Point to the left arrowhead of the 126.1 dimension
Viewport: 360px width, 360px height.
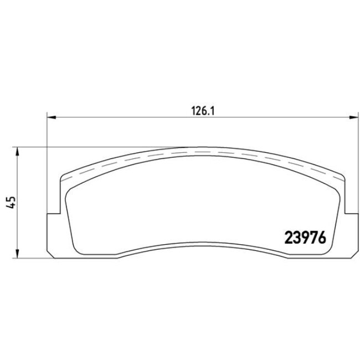click(50, 117)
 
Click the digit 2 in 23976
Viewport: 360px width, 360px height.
click(289, 237)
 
